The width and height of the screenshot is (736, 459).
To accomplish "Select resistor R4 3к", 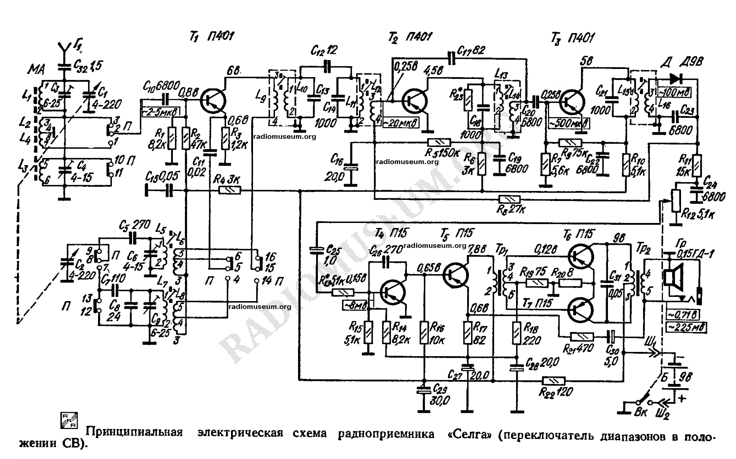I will [x=230, y=190].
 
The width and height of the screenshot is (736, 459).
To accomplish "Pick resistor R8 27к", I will [x=510, y=199].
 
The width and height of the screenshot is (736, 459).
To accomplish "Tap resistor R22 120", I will [x=553, y=381].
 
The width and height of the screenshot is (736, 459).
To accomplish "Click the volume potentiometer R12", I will [x=676, y=201].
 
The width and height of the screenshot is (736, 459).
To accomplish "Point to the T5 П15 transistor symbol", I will [x=456, y=274].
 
